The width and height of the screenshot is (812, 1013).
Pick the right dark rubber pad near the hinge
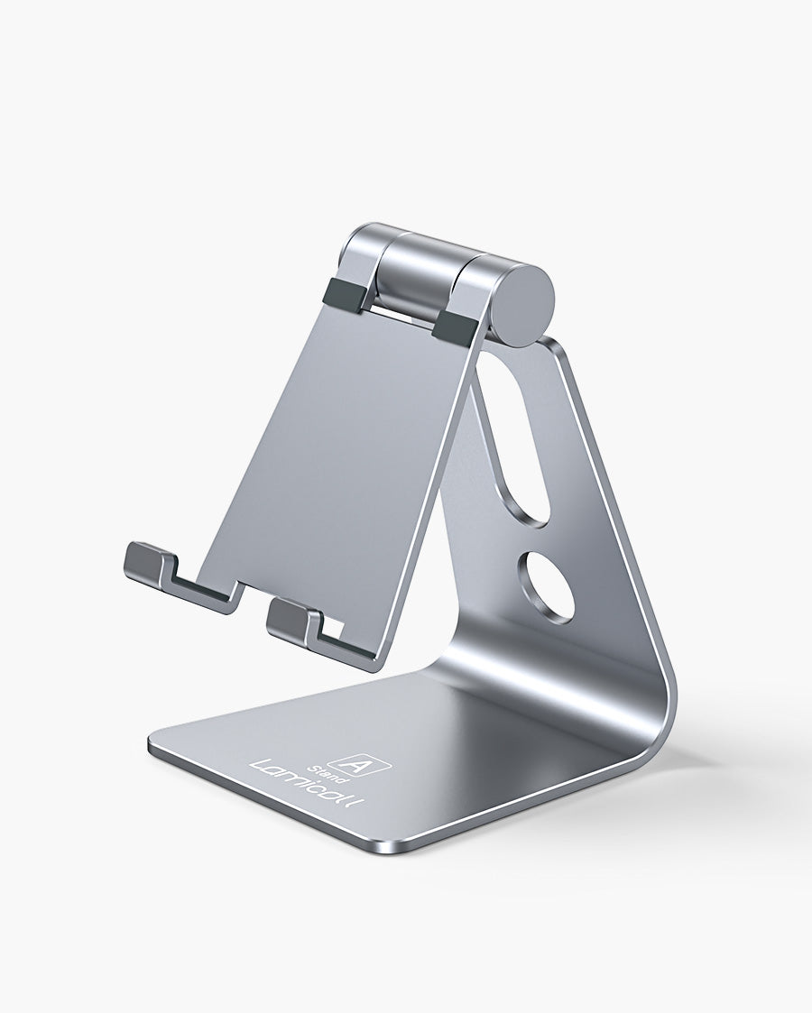tap(455, 326)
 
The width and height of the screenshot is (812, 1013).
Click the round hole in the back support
tap(546, 587)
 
